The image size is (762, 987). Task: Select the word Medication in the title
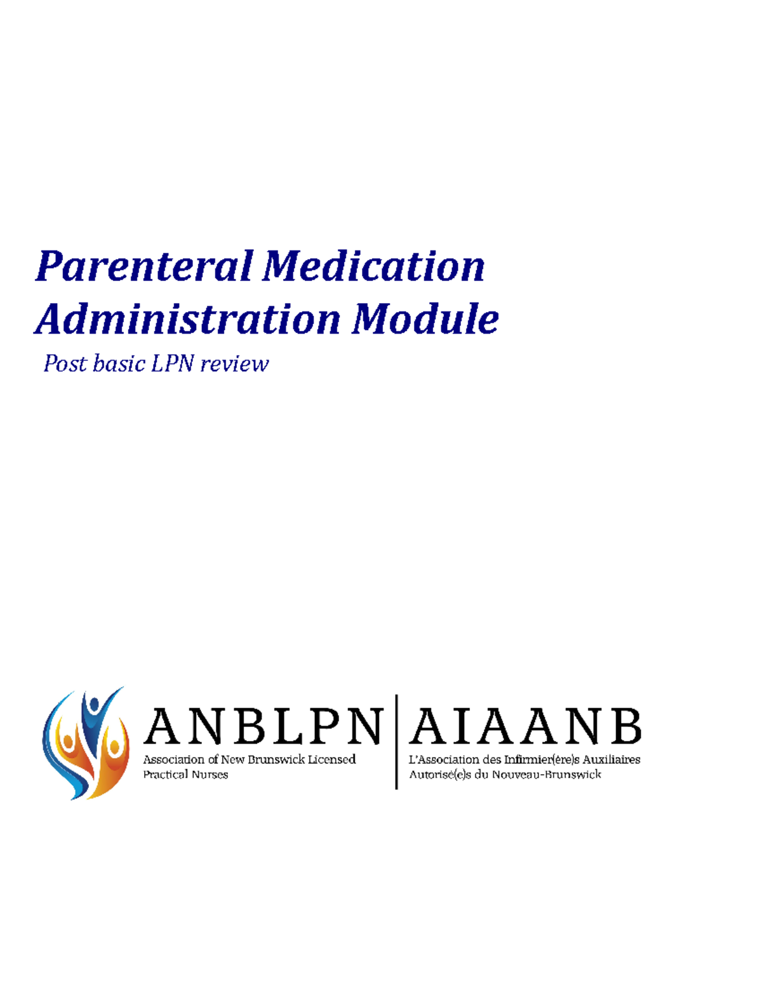tap(374, 266)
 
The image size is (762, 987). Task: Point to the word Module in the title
tap(425, 319)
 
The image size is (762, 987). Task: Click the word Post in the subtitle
tap(65, 364)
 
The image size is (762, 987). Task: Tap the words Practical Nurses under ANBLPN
tap(185, 775)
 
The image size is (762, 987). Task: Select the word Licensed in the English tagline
tap(331, 759)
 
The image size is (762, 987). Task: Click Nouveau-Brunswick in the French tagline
tap(546, 775)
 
